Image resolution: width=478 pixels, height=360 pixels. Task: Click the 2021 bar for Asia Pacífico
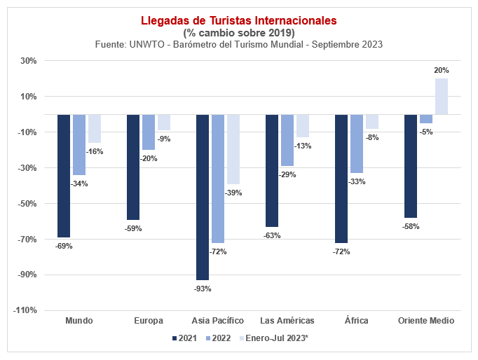coord(203,197)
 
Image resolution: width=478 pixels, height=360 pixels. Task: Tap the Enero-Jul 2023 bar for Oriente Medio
coord(441,97)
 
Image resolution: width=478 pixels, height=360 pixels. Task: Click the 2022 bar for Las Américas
coord(287,140)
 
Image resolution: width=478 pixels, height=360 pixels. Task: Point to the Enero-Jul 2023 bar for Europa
coord(163,123)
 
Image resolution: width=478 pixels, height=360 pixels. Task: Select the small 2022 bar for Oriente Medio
coord(426,119)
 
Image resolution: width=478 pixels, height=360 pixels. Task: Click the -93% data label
coord(203,289)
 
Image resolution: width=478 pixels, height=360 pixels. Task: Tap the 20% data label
coord(442,70)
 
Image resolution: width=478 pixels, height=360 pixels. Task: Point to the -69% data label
coord(64,246)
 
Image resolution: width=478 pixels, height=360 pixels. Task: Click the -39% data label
coord(233,193)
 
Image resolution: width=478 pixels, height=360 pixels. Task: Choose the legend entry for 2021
coord(184,338)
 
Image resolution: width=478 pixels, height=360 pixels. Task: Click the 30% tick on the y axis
coord(28,60)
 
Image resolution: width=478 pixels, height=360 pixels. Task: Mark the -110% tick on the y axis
coord(25,310)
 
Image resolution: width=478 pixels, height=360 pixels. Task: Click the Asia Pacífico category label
coord(218,321)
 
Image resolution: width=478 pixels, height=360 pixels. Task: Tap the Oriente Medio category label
coord(426,321)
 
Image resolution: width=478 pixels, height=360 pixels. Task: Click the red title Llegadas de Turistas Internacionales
coord(239,20)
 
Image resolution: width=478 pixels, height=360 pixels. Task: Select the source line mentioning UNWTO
coord(239,44)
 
